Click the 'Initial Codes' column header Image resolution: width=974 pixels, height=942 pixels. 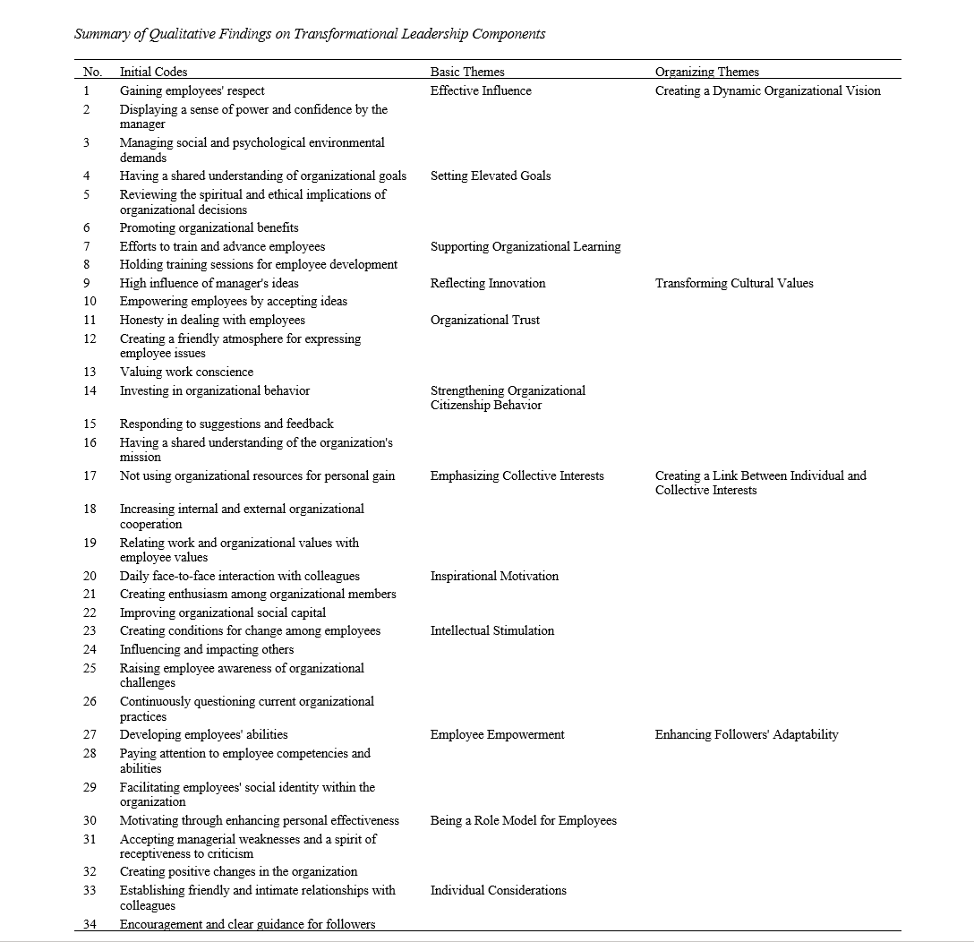(x=153, y=72)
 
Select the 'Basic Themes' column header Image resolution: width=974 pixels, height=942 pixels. (x=466, y=72)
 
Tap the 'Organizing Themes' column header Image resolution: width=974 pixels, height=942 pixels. (x=706, y=72)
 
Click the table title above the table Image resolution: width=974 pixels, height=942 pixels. (x=310, y=34)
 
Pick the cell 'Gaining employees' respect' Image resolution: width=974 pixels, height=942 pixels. (x=192, y=90)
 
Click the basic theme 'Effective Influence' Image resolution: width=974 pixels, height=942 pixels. (x=480, y=90)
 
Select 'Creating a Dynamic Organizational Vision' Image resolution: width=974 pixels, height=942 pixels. (x=767, y=90)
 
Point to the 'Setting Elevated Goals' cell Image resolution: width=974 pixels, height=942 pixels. (x=490, y=176)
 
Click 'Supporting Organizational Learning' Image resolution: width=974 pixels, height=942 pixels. (x=525, y=246)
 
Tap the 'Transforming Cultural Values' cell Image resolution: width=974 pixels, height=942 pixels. (x=734, y=283)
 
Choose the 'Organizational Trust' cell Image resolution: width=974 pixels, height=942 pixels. (x=484, y=320)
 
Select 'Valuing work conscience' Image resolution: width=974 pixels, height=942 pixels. (x=186, y=372)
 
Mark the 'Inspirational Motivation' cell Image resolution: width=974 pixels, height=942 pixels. (x=493, y=576)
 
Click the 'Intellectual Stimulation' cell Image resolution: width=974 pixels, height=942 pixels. (x=491, y=630)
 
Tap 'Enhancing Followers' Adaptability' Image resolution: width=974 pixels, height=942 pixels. (x=747, y=734)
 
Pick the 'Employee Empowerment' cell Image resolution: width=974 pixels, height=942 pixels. (x=497, y=734)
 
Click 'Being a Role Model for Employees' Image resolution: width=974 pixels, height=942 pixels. (x=523, y=820)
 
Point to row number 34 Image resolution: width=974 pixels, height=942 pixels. (x=90, y=924)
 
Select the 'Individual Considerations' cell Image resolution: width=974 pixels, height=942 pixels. (x=498, y=890)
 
